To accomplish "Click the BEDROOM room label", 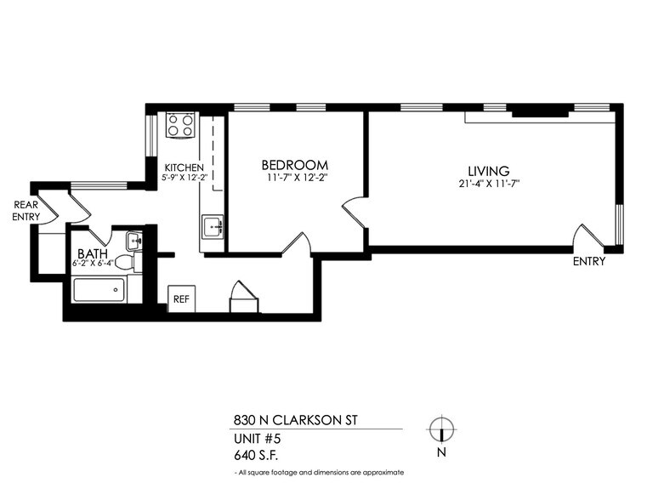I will pos(294,164).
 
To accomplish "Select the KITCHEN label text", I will pos(183,168).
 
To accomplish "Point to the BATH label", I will pos(91,253).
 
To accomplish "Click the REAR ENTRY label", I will pos(26,211).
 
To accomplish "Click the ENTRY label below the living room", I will pos(588,261).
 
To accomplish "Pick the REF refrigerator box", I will pos(180,299).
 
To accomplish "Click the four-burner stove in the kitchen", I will pos(181,126).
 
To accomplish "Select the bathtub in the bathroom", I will pos(96,291).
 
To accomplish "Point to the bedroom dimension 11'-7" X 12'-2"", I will pos(294,178).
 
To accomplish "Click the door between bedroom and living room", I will pos(355,213).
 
